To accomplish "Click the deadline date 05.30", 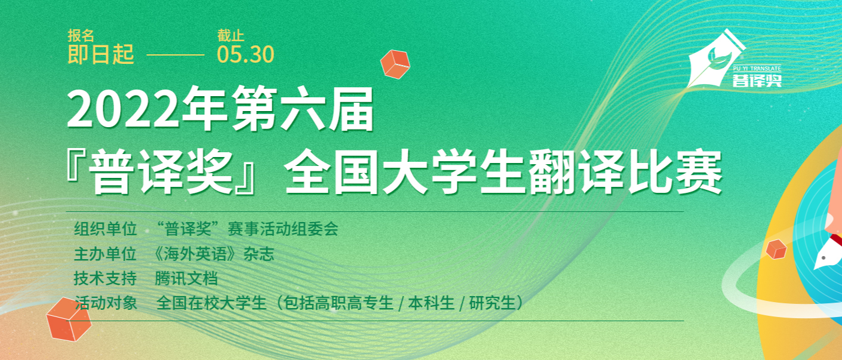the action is [x=245, y=55].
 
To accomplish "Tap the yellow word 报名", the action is [x=81, y=36].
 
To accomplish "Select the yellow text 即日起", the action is [x=101, y=55].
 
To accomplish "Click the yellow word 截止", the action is [x=231, y=36].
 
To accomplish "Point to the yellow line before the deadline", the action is [x=176, y=55].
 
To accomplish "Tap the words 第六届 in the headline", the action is [x=303, y=109].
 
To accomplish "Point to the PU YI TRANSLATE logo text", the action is [x=757, y=69].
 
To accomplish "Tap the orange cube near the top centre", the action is [x=395, y=64].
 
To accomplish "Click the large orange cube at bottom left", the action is [x=69, y=319].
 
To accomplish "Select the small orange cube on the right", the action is [x=776, y=250].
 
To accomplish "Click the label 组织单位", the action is [x=106, y=229].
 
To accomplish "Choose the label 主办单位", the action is [x=105, y=254].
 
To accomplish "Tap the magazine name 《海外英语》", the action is [x=196, y=254].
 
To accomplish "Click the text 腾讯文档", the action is [x=187, y=278].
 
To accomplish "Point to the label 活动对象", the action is [x=106, y=303].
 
